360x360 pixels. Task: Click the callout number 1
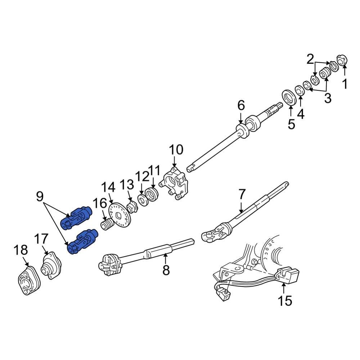(x=345, y=84)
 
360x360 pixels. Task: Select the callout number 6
(x=241, y=105)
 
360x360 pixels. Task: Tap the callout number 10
(x=176, y=149)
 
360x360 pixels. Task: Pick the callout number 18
(x=21, y=249)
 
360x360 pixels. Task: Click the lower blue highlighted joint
(x=82, y=241)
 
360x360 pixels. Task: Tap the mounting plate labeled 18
(x=27, y=282)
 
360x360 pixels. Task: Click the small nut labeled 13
(x=131, y=208)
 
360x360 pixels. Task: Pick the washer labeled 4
(x=300, y=90)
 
